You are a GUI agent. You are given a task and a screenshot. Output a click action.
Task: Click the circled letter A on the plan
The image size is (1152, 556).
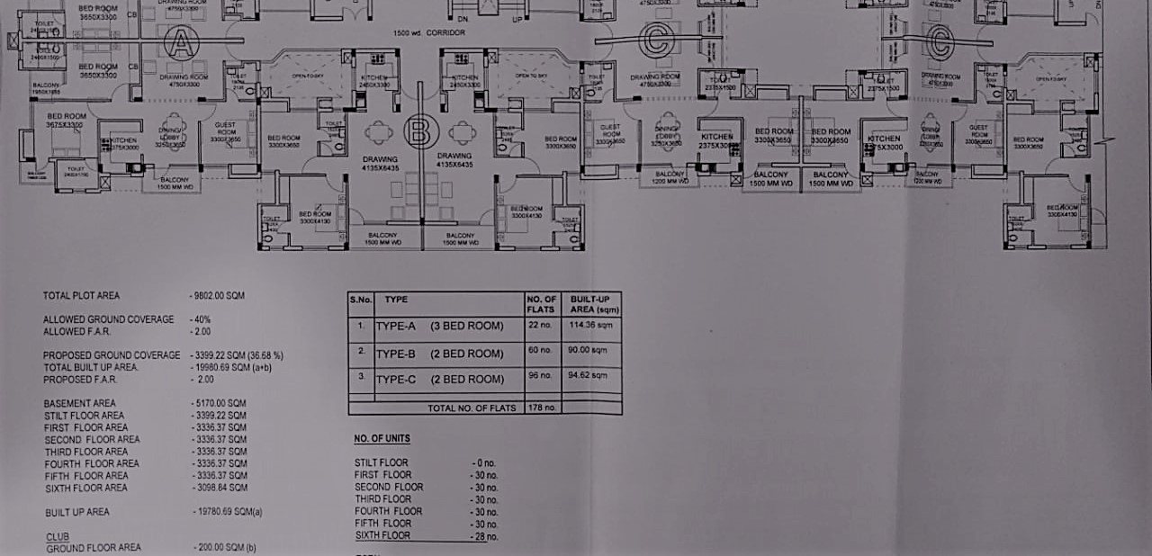coord(181,44)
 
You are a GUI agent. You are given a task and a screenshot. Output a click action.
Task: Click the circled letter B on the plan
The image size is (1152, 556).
coord(419,131)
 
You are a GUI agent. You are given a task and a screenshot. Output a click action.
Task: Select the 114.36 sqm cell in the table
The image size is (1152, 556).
coord(581,325)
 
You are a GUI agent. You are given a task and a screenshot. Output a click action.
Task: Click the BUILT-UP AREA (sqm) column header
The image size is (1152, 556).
coord(589,302)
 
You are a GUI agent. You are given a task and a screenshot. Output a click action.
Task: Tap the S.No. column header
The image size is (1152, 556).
coord(361,298)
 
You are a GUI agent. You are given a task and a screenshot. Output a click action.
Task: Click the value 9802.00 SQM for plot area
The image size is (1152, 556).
coord(218,295)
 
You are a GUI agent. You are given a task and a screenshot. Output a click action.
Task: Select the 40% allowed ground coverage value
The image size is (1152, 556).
coord(200,319)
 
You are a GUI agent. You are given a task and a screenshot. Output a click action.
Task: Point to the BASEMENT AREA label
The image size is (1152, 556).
coord(80,403)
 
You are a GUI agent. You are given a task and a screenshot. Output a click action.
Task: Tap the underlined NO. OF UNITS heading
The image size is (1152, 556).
coord(382,439)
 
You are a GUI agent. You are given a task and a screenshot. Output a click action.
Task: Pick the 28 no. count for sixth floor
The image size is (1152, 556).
coord(484,536)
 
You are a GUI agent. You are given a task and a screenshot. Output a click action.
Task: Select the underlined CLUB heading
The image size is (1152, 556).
coord(58,536)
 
